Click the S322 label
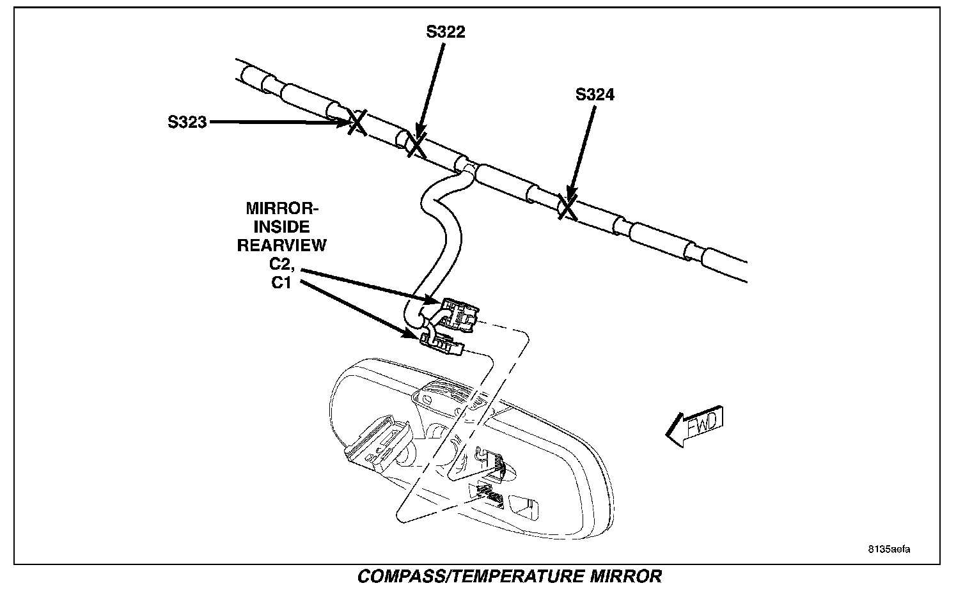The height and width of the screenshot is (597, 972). [x=446, y=32]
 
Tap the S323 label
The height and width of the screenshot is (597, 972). [x=187, y=122]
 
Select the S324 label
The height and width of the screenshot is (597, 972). [x=595, y=95]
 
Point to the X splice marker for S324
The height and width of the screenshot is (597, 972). [x=567, y=207]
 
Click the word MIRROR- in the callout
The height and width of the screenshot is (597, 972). [x=282, y=209]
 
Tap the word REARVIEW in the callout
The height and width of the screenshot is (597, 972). [x=282, y=245]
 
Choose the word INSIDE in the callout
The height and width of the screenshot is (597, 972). [x=282, y=227]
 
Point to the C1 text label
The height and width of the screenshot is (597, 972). [x=281, y=283]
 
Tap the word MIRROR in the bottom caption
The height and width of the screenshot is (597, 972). [x=623, y=577]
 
